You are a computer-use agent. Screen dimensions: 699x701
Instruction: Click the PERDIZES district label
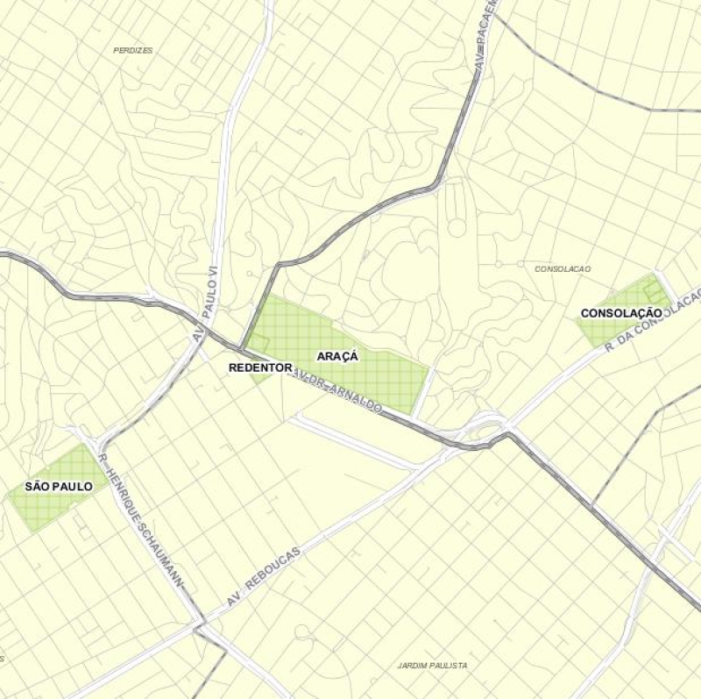pyautogui.click(x=133, y=51)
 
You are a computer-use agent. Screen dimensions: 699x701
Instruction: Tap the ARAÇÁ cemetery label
pyautogui.click(x=338, y=356)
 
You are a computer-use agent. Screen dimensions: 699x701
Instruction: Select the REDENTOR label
pyautogui.click(x=259, y=367)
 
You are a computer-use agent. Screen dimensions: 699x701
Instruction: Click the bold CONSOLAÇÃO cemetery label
pyautogui.click(x=621, y=313)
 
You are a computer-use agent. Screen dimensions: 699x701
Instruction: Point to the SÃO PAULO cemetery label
pyautogui.click(x=59, y=486)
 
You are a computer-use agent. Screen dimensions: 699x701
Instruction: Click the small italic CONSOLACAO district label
pyautogui.click(x=563, y=268)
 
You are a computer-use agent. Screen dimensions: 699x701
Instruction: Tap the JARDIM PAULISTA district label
pyautogui.click(x=432, y=666)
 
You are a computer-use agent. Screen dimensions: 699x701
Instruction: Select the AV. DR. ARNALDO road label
pyautogui.click(x=336, y=391)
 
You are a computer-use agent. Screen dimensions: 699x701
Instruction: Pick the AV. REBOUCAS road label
pyautogui.click(x=263, y=576)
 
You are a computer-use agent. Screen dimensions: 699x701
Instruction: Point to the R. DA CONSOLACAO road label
pyautogui.click(x=652, y=322)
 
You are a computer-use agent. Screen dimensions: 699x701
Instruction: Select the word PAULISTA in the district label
pyautogui.click(x=447, y=666)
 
